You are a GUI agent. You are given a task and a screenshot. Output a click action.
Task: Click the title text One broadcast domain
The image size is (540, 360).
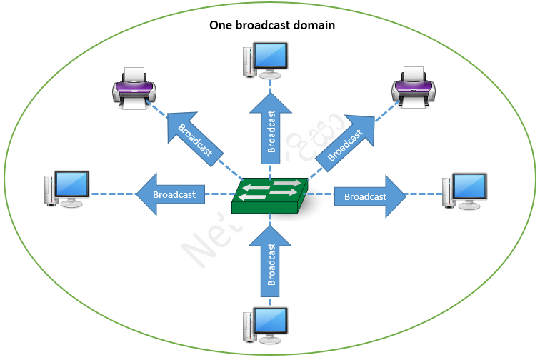pyautogui.click(x=271, y=25)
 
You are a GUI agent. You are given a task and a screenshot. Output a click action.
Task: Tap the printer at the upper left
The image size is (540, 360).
pyautogui.click(x=134, y=89)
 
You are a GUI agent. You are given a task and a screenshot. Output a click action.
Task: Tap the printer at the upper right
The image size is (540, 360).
pyautogui.click(x=414, y=89)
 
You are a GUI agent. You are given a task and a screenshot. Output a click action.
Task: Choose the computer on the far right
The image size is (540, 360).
pyautogui.click(x=464, y=190)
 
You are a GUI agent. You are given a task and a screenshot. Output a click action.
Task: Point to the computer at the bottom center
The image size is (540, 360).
pyautogui.click(x=267, y=326)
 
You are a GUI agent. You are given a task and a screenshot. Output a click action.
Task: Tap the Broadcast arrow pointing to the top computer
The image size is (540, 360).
pyautogui.click(x=271, y=129)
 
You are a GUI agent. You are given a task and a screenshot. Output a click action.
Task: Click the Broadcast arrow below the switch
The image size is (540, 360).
pyautogui.click(x=271, y=261)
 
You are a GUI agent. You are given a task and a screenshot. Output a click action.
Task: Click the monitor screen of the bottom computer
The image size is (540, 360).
pyautogui.click(x=271, y=321)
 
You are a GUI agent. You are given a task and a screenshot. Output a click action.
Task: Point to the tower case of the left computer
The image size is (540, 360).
pyautogui.click(x=49, y=189)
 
